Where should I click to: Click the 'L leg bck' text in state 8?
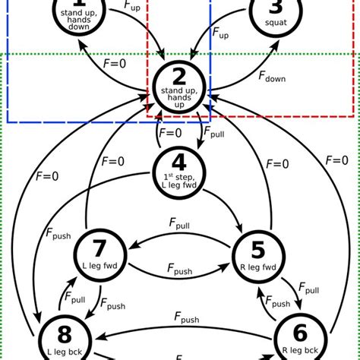coord(61,350)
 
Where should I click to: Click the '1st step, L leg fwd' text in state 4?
coord(179,179)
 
